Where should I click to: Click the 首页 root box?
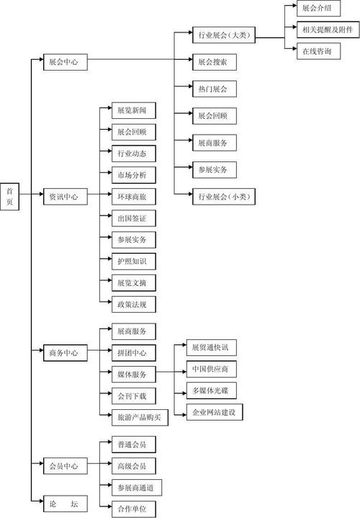[10, 196]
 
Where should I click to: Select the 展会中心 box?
[65, 63]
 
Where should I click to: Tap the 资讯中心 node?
[65, 196]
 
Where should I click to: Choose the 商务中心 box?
[65, 353]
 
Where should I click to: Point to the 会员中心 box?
[65, 465]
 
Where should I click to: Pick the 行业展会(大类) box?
[223, 35]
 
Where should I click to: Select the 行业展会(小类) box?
[223, 196]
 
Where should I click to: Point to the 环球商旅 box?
[133, 196]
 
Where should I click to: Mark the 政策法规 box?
[133, 305]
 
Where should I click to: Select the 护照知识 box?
[133, 261]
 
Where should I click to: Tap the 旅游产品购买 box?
[139, 416]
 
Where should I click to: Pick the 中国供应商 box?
[210, 370]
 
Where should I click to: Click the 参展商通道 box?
[137, 487]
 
